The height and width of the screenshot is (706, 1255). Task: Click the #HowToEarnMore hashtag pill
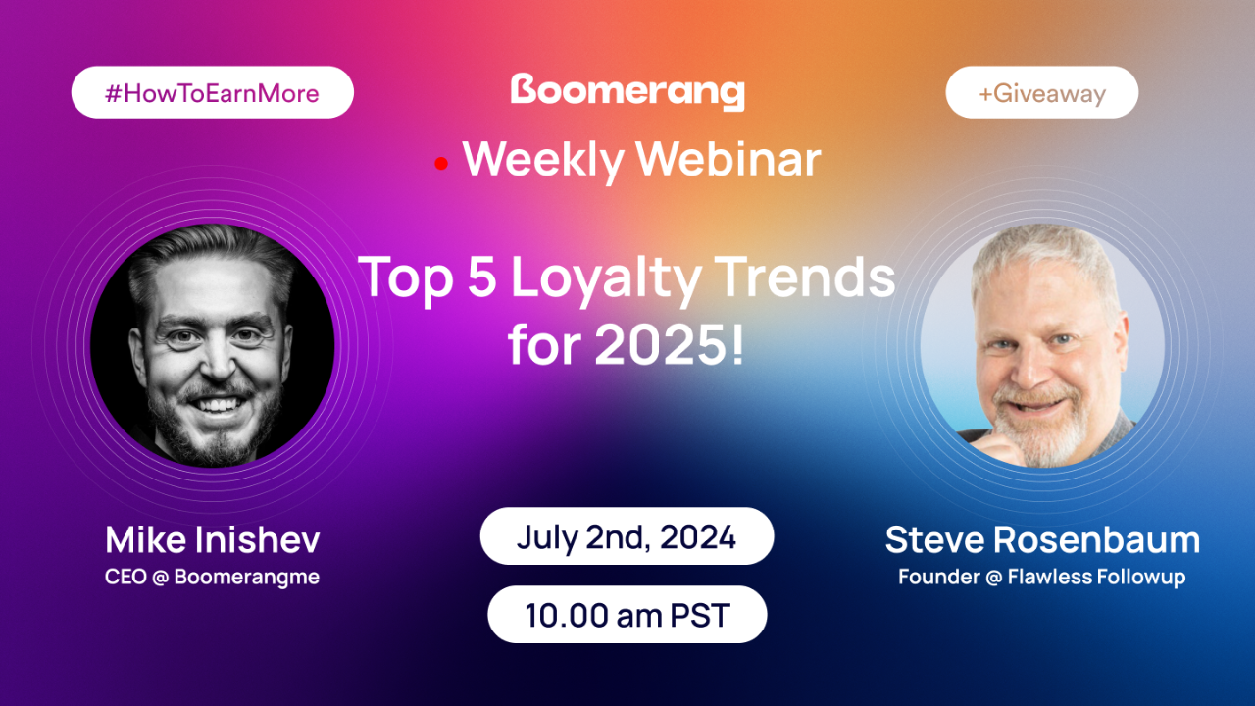[x=212, y=93]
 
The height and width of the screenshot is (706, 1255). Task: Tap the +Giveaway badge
[x=1041, y=93]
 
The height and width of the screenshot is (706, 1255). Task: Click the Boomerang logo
[x=627, y=92]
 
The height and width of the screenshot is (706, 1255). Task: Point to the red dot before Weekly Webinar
[x=441, y=164]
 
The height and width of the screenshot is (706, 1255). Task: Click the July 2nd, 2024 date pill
[x=627, y=536]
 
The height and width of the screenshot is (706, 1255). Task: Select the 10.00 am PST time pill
[x=627, y=615]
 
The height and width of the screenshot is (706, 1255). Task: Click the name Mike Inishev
[x=213, y=539]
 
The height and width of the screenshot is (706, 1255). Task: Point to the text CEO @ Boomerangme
[x=213, y=577]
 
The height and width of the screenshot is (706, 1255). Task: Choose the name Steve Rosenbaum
[x=1042, y=539]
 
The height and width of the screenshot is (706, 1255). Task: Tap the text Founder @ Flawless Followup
[x=1042, y=577]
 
